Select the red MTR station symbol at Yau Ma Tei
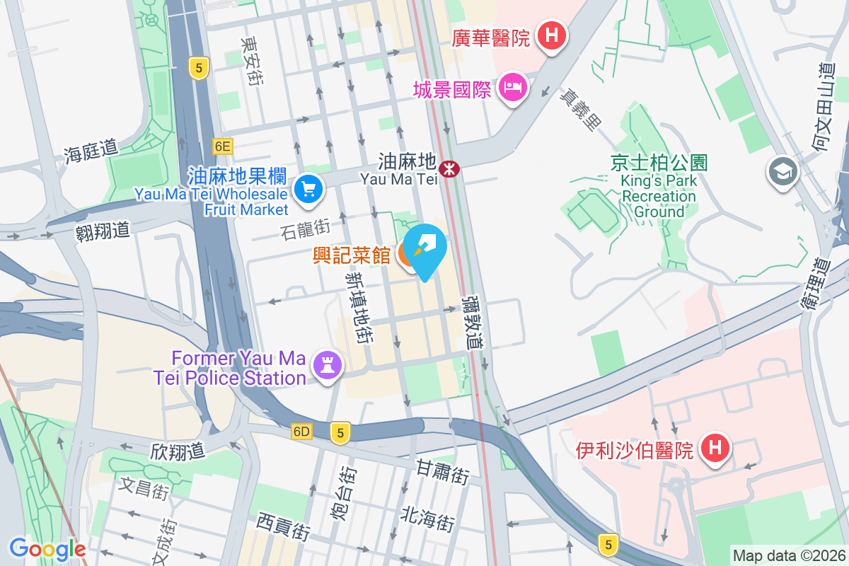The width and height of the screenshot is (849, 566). pyautogui.click(x=449, y=169)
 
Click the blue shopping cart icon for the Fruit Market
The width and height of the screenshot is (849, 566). pyautogui.click(x=308, y=189)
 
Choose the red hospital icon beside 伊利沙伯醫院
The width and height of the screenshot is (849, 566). pyautogui.click(x=715, y=448)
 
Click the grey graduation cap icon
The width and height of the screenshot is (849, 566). pyautogui.click(x=782, y=172)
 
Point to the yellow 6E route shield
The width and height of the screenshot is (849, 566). pyautogui.click(x=222, y=146)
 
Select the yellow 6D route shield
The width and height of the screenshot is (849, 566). pyautogui.click(x=301, y=432)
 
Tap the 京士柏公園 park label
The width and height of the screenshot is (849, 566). pyautogui.click(x=659, y=163)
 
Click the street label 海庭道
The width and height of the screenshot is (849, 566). pyautogui.click(x=90, y=150)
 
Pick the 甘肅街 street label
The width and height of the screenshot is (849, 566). pyautogui.click(x=443, y=471)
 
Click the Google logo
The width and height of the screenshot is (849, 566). pyautogui.click(x=47, y=548)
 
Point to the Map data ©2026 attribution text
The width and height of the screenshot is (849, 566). pyautogui.click(x=788, y=555)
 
